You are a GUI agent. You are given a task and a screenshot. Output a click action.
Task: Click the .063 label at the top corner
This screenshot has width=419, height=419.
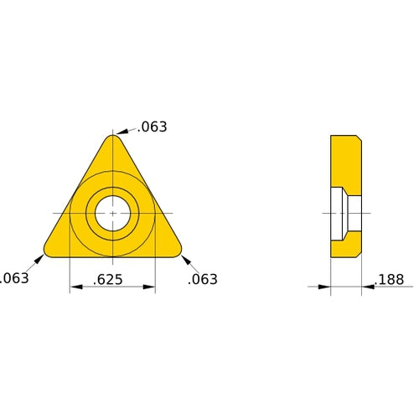[152, 127]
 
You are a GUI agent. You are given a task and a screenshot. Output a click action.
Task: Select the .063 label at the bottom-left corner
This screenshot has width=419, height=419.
[13, 278]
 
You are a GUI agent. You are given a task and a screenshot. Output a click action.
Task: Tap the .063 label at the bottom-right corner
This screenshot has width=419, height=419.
[202, 279]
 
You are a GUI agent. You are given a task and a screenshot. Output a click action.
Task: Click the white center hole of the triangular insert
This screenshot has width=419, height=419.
[111, 213]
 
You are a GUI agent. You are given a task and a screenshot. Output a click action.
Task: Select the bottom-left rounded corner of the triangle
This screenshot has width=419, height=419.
[50, 250]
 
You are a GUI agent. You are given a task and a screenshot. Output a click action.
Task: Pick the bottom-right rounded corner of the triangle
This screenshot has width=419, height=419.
[175, 250]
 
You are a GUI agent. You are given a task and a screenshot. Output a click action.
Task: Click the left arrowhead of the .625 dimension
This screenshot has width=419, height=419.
[75, 287]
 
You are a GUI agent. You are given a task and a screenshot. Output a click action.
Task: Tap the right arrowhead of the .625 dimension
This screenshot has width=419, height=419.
[150, 287]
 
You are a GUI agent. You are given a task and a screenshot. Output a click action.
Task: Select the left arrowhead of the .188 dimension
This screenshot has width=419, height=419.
[326, 287]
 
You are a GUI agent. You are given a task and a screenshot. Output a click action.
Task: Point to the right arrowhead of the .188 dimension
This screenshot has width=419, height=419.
[367, 287]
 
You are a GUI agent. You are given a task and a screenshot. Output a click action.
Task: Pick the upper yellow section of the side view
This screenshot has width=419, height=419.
[345, 161]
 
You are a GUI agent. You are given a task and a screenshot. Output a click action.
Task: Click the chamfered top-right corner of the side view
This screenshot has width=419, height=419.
[359, 137]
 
